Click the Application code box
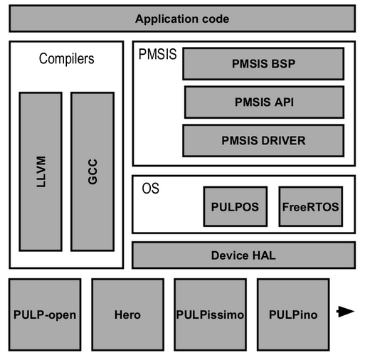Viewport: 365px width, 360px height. [x=182, y=18]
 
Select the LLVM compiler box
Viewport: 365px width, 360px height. [x=41, y=171]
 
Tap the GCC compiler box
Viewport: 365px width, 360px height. [x=92, y=171]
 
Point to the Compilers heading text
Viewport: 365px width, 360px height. [x=66, y=58]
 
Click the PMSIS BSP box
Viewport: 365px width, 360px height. [x=263, y=63]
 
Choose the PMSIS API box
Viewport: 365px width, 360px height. [x=264, y=102]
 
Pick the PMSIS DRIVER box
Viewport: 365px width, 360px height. [x=263, y=140]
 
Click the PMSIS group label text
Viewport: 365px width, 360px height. [x=157, y=54]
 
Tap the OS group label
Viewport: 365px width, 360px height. [x=150, y=189]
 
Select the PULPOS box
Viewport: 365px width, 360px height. [x=236, y=206]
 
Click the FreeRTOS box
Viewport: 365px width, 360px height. [x=311, y=206]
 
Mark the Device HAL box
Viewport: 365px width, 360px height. [x=243, y=255]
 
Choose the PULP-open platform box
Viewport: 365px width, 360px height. [x=45, y=314]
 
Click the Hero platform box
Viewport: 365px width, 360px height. [x=128, y=314]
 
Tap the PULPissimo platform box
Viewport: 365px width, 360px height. [x=210, y=314]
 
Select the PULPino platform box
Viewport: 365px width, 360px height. [x=293, y=314]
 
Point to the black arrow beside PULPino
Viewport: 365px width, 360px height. [x=345, y=312]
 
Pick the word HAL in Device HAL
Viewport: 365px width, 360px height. [x=264, y=255]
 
